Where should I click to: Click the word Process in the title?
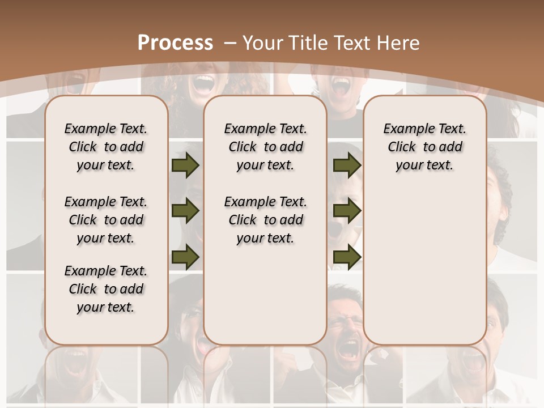pos(175,42)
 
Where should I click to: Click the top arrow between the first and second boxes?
pos(185,165)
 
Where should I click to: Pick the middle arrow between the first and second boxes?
pos(185,211)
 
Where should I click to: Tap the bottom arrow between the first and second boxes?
pos(185,257)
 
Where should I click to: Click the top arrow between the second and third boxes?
pos(347,165)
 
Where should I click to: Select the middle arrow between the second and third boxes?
pos(347,211)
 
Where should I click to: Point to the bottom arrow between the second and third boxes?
pos(347,257)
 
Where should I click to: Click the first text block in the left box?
pos(106,147)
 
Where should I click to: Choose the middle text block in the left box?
pos(106,220)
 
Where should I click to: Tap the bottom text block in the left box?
pos(106,289)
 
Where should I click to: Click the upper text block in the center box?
pos(265,147)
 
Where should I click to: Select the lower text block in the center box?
pos(265,220)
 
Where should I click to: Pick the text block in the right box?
pos(424,147)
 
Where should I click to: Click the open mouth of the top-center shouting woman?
pos(202,84)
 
